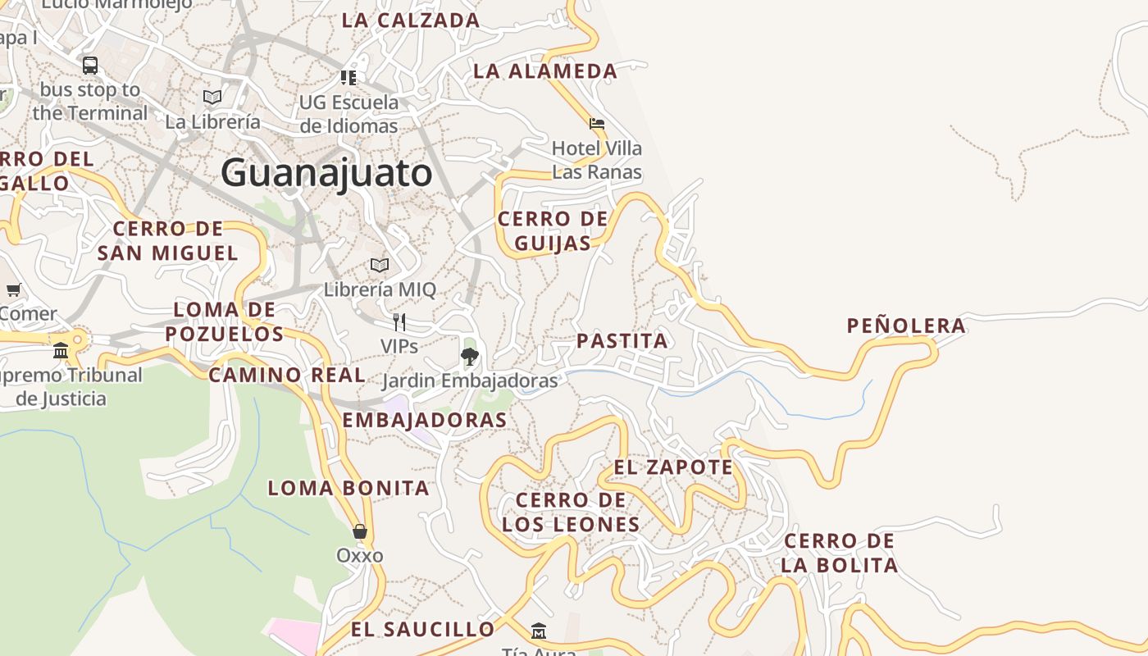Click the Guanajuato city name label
[326, 173]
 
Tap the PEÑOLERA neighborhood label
[906, 326]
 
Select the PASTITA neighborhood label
[622, 340]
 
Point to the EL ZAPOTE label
[673, 467]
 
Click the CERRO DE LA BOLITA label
[839, 553]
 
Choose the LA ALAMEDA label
[545, 71]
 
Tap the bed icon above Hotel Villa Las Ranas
[597, 124]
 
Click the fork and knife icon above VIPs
[399, 321]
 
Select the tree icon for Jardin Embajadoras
[470, 356]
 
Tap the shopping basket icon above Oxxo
[359, 531]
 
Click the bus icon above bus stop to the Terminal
[90, 65]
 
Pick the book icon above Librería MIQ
[379, 265]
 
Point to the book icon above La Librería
[212, 97]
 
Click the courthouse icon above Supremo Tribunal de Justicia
[61, 351]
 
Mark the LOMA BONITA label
[348, 488]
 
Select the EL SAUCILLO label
[423, 629]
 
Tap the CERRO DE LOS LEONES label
[571, 512]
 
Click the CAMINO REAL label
[286, 375]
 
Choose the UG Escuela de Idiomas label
[348, 114]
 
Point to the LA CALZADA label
[411, 20]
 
